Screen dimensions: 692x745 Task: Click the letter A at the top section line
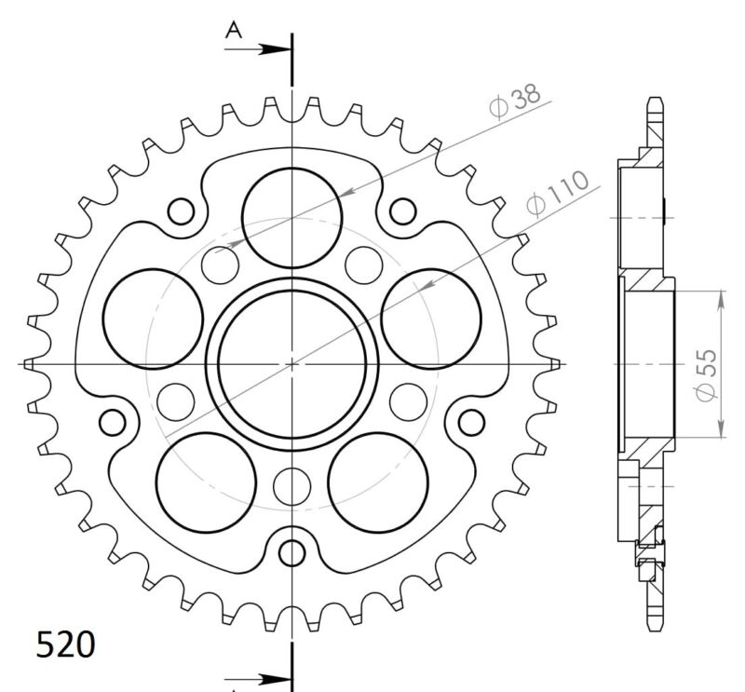(235, 32)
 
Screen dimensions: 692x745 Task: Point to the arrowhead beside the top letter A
(276, 47)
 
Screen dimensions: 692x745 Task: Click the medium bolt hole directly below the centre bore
(292, 483)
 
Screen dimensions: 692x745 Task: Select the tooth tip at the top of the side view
(657, 101)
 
